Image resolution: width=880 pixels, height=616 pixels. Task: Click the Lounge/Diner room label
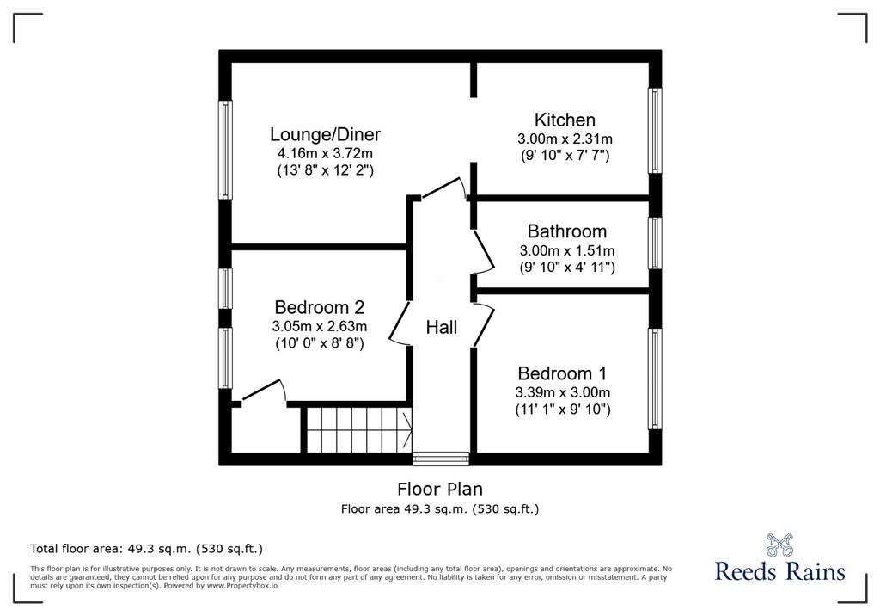click(325, 134)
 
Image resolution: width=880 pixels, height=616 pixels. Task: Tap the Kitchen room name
click(565, 120)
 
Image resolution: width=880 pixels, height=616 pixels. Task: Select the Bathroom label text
click(567, 231)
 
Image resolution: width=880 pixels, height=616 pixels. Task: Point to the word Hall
click(441, 327)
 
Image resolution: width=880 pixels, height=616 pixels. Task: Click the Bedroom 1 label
click(562, 373)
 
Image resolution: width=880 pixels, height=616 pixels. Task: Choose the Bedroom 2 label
click(320, 307)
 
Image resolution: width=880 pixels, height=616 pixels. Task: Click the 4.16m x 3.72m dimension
click(325, 153)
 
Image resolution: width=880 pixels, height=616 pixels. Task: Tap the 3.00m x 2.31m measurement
click(565, 139)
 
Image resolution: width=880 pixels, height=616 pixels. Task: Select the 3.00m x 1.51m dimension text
click(567, 250)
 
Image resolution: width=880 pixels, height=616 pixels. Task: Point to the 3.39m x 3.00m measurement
click(562, 392)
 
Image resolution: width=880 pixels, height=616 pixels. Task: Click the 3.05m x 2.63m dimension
click(320, 326)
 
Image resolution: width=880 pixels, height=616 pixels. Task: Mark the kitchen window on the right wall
click(655, 131)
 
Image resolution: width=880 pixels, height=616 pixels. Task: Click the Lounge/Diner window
click(226, 150)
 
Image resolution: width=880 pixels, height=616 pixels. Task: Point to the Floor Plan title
click(440, 489)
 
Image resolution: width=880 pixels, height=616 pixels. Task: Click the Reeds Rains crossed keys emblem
click(779, 545)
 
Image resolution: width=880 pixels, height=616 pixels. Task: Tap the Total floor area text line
click(146, 549)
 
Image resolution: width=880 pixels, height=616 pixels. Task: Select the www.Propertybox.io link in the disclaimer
click(242, 586)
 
